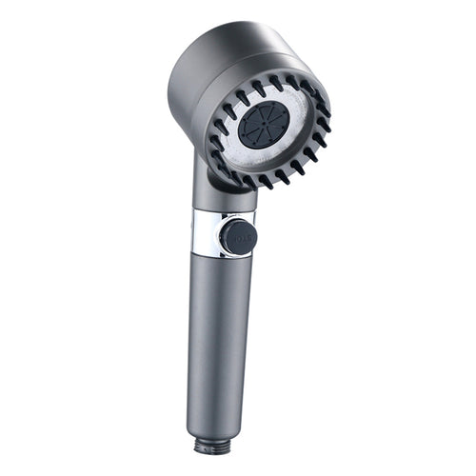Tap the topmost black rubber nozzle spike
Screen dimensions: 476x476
[277, 80]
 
